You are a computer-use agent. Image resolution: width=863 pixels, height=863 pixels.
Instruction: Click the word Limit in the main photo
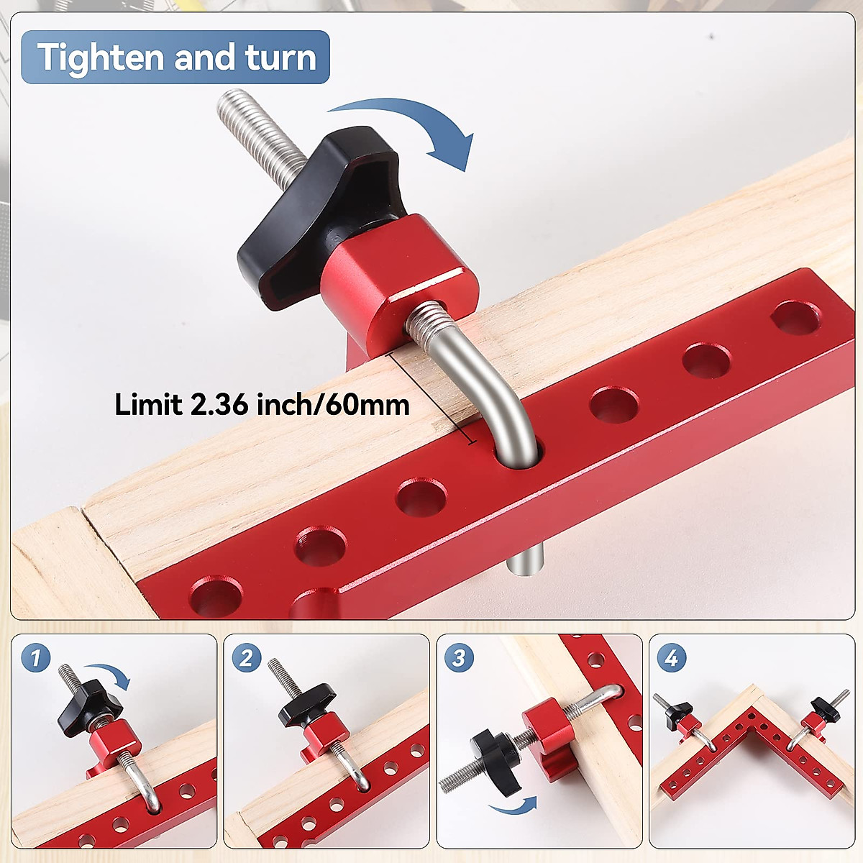pyautogui.click(x=148, y=405)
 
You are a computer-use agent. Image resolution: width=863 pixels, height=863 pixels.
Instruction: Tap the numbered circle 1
pyautogui.click(x=36, y=657)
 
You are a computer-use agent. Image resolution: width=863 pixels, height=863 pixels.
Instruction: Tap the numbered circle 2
pyautogui.click(x=247, y=657)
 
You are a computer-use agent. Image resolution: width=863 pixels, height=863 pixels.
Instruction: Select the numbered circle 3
pyautogui.click(x=459, y=657)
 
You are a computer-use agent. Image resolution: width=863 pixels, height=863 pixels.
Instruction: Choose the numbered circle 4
pyautogui.click(x=671, y=657)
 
